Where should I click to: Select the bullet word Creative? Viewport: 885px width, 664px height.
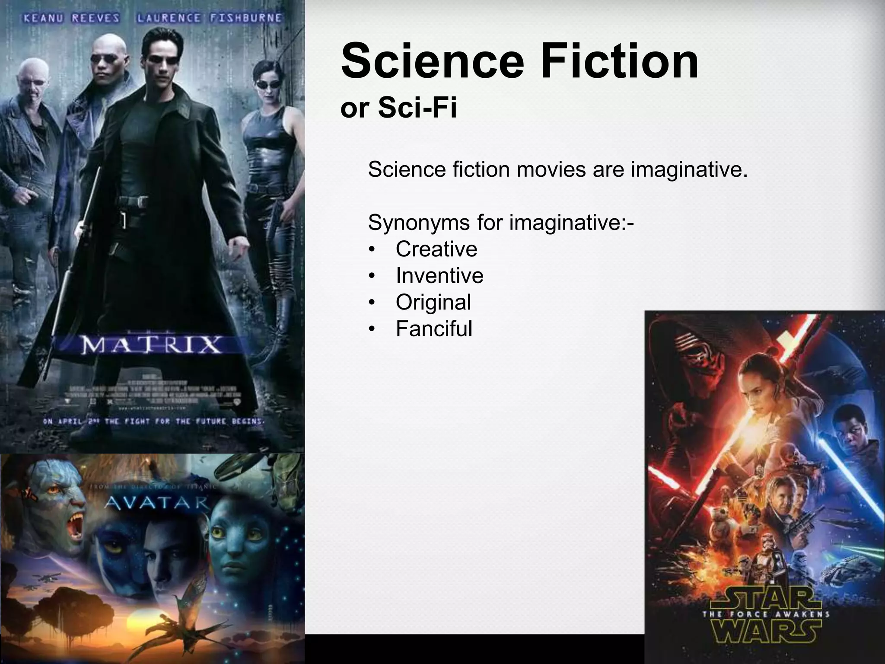click(x=436, y=249)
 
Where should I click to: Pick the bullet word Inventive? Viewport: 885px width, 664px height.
click(x=439, y=276)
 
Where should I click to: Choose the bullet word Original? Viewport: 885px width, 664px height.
click(x=433, y=302)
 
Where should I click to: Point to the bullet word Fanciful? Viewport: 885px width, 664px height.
click(x=434, y=329)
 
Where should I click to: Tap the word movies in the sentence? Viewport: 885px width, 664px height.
click(x=551, y=169)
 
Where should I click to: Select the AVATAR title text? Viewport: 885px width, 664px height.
click(x=157, y=503)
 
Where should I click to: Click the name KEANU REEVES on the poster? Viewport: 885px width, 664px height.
click(x=71, y=19)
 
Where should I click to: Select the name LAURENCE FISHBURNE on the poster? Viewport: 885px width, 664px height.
click(x=209, y=19)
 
